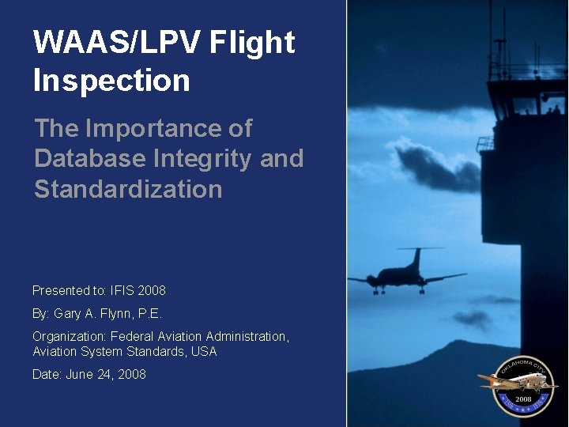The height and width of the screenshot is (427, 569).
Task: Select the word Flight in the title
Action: tap(252, 43)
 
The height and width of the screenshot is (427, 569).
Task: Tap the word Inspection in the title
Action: tap(111, 81)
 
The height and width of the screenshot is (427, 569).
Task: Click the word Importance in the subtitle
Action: tap(168, 128)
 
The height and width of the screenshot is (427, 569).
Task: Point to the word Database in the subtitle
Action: tap(88, 159)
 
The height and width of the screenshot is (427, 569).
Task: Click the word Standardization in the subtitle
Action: tap(128, 190)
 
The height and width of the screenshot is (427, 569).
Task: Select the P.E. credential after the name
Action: tap(149, 313)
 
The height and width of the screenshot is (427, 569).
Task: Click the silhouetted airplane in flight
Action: tap(404, 274)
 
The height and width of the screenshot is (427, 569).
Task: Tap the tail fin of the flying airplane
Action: tap(415, 257)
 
